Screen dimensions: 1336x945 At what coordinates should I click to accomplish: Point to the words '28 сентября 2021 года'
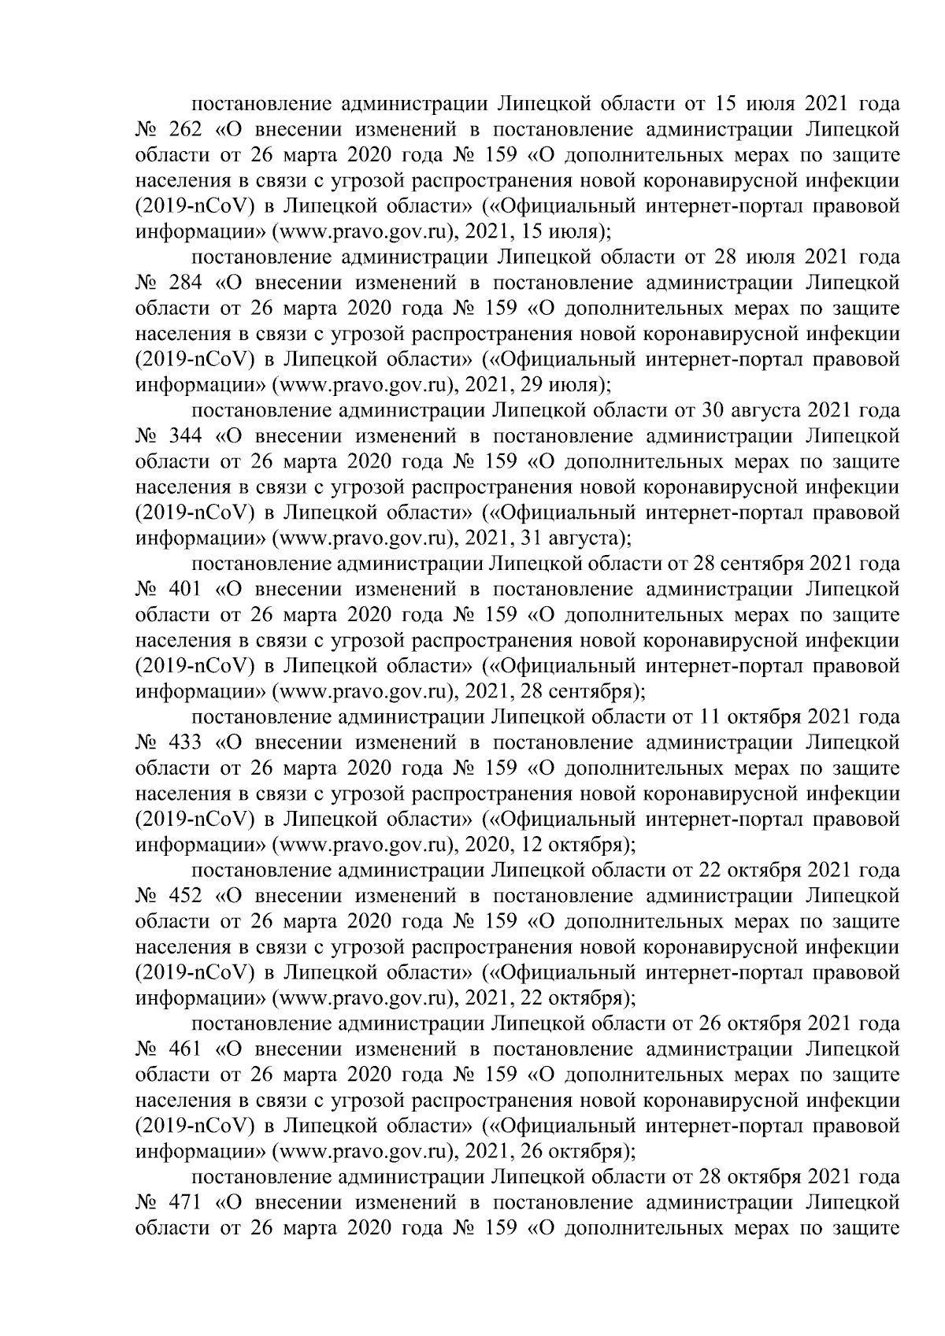[796, 564]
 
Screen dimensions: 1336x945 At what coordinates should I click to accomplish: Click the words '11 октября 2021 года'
[797, 717]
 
